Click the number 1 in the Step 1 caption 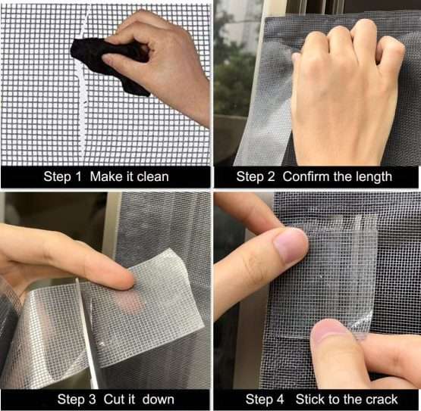pyautogui.click(x=78, y=176)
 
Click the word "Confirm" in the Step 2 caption pyautogui.click(x=306, y=176)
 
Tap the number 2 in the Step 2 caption pyautogui.click(x=271, y=176)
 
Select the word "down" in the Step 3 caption pyautogui.click(x=159, y=399)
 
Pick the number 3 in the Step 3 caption pyautogui.click(x=92, y=399)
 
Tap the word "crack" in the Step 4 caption pyautogui.click(x=381, y=399)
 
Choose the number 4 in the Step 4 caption pyautogui.click(x=280, y=399)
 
